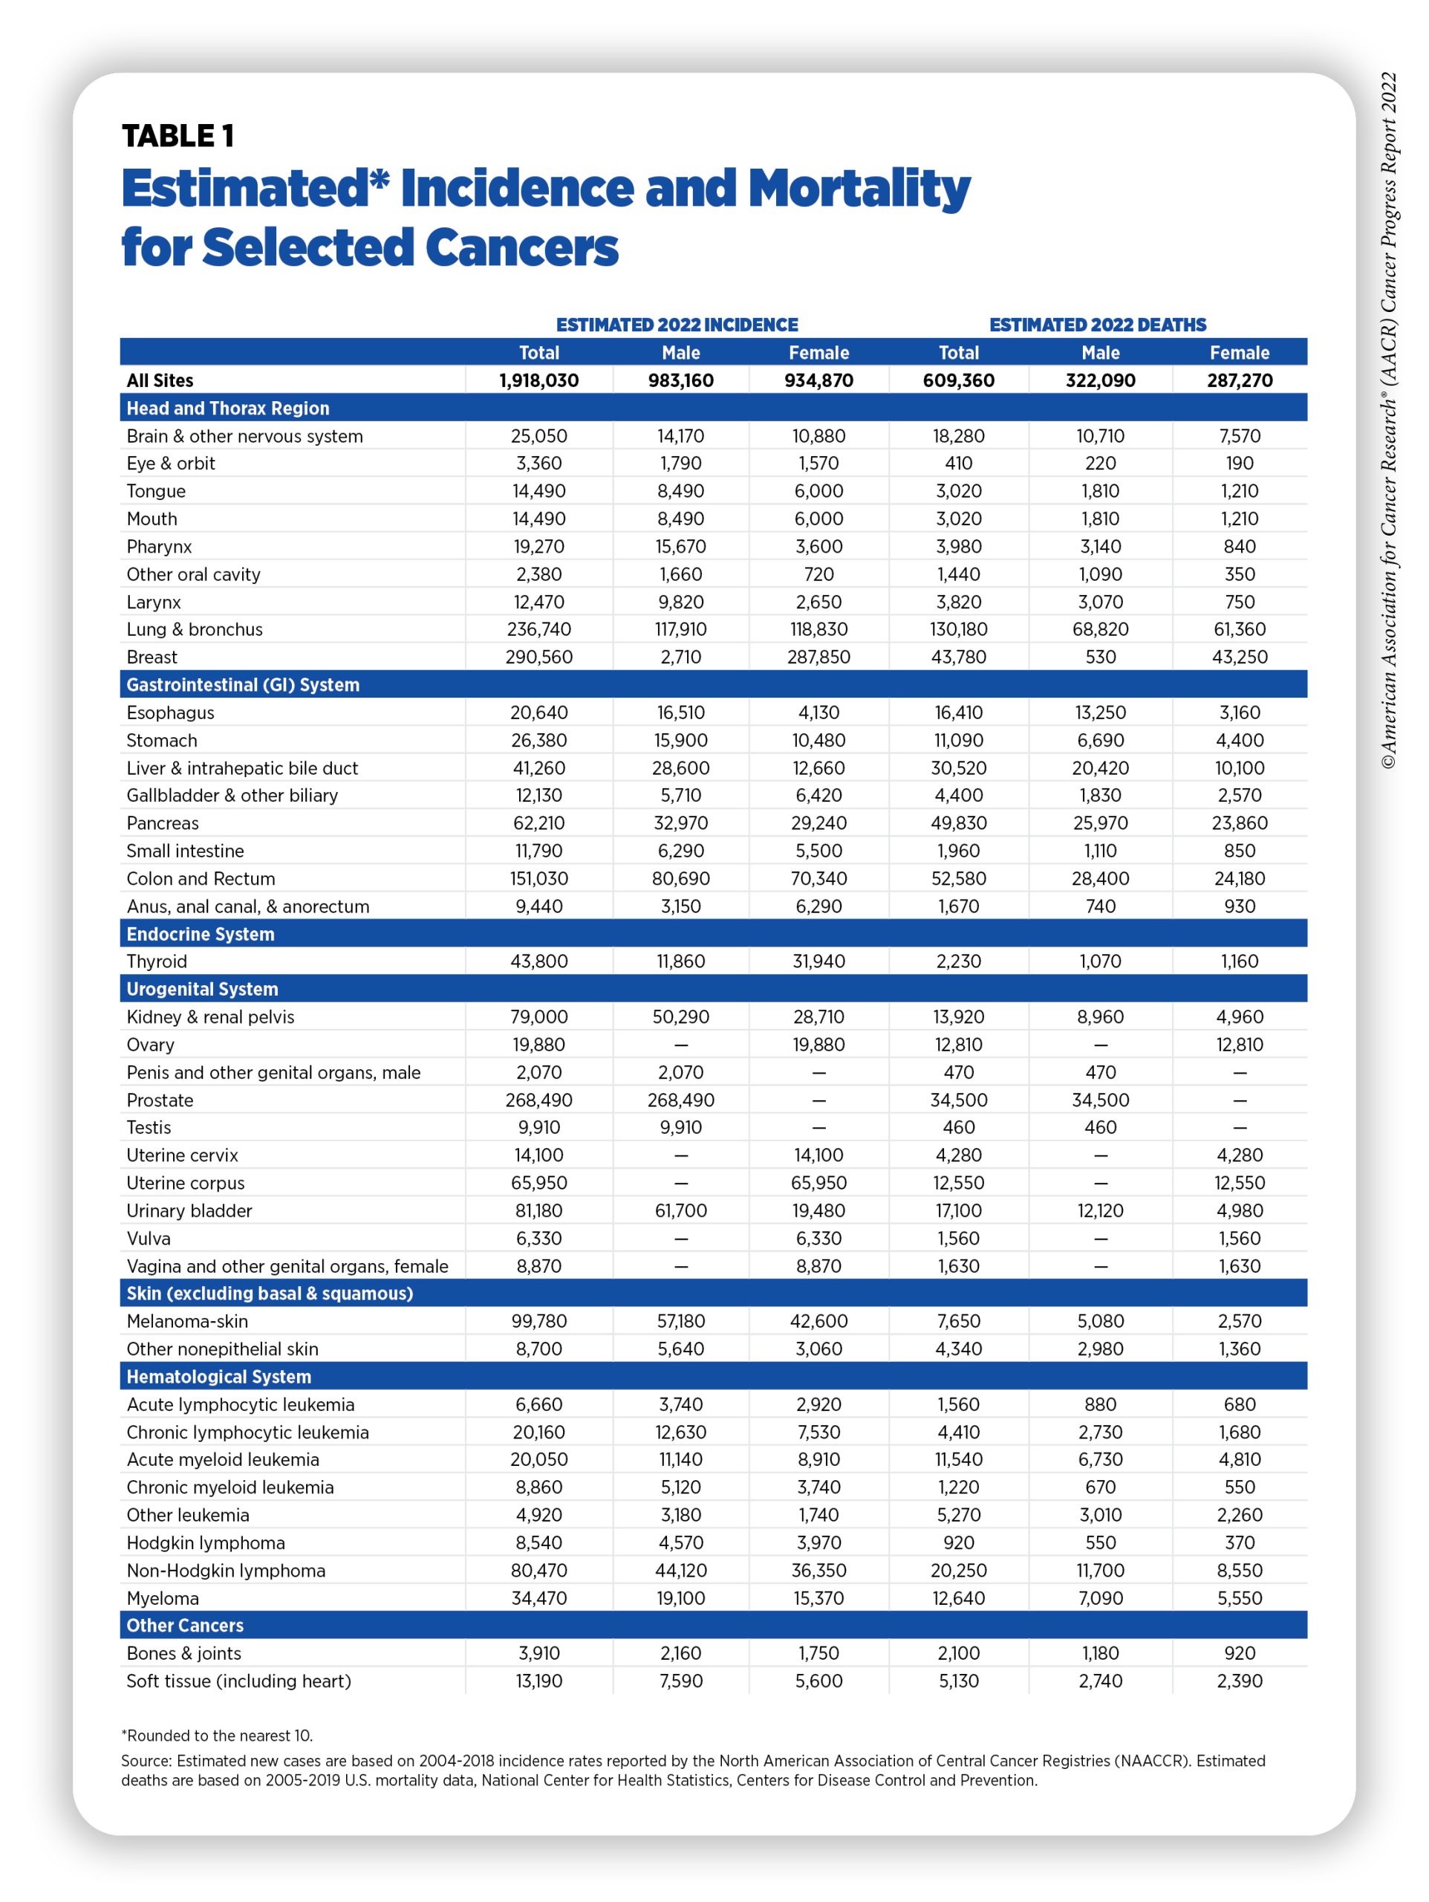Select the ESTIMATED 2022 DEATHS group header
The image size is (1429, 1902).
1097,325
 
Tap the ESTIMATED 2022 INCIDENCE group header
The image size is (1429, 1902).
677,325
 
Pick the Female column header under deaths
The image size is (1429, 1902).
1239,353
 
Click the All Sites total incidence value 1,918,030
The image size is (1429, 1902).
539,380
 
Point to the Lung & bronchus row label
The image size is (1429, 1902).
195,629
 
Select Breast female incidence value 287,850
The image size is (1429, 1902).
818,657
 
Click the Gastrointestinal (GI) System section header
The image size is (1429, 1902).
242,684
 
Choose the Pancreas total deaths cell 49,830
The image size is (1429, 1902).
959,823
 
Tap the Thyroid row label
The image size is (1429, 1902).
157,961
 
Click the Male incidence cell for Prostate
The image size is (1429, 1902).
681,1100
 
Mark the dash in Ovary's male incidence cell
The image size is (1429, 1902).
681,1045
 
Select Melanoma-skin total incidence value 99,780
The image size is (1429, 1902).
539,1321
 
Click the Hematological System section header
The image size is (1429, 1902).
218,1377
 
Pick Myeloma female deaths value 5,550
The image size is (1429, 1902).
1239,1597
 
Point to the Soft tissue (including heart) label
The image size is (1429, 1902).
239,1681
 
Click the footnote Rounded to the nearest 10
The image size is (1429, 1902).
217,1735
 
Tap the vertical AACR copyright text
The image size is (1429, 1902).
1389,421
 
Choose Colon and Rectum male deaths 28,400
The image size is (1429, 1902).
1101,879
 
